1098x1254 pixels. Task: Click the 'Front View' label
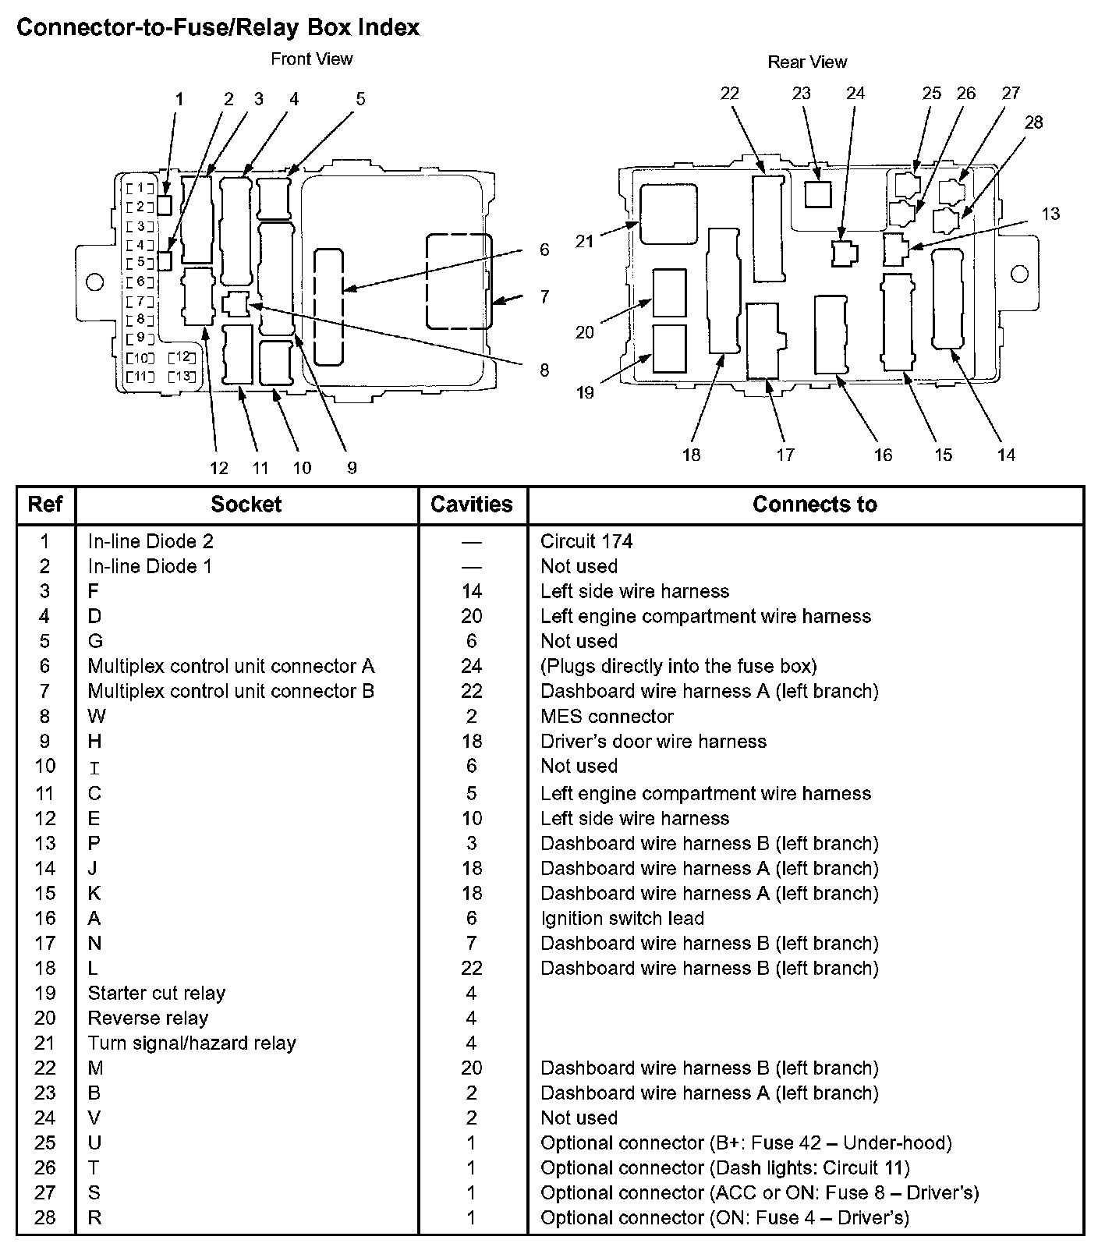(311, 59)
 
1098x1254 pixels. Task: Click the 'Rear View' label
(807, 62)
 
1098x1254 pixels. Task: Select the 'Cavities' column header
(472, 505)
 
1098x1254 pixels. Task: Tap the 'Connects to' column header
(814, 505)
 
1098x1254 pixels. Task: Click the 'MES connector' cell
(607, 717)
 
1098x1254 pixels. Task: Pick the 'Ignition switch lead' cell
(622, 919)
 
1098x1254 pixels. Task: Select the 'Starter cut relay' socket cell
(156, 994)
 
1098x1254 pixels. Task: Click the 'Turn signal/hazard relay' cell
(192, 1043)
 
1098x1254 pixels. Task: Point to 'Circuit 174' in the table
(586, 542)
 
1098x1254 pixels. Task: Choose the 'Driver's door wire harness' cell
(653, 742)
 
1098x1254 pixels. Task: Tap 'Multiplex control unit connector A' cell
(231, 667)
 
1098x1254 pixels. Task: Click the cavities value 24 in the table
(472, 667)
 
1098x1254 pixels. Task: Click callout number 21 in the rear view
(585, 242)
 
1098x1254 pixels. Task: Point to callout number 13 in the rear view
(1050, 214)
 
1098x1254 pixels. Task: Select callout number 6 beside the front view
(544, 250)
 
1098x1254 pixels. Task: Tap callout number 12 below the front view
(218, 468)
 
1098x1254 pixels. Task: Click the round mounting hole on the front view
(94, 282)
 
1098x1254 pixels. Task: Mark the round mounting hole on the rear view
(1019, 274)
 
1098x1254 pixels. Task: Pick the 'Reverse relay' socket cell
(147, 1018)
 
